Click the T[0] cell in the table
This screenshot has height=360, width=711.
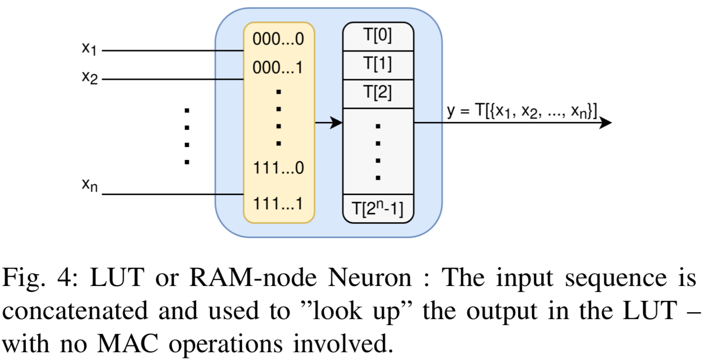click(x=378, y=37)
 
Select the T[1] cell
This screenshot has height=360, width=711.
click(x=378, y=65)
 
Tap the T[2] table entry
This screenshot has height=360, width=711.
click(x=378, y=93)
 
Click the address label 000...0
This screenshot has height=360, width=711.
click(x=278, y=40)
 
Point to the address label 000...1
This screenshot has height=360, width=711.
click(x=278, y=68)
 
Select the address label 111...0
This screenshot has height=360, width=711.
click(x=278, y=168)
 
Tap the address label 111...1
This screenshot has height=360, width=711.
click(x=278, y=203)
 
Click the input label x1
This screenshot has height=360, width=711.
click(x=89, y=49)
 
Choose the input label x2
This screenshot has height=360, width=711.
click(x=89, y=78)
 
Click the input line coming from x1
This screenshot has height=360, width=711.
click(x=173, y=51)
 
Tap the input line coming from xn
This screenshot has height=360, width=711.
click(x=173, y=195)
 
